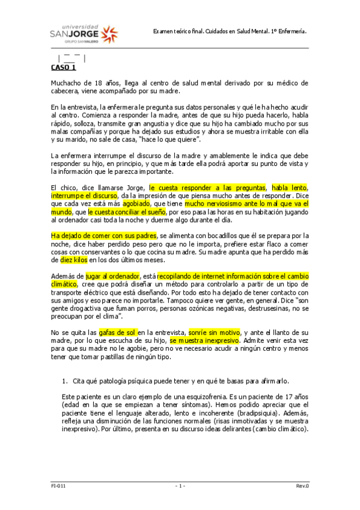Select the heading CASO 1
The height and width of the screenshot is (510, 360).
point(64,68)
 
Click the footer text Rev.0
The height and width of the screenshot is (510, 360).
point(302,485)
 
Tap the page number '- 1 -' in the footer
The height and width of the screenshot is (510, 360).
point(180,485)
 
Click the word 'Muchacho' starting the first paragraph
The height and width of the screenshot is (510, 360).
point(65,83)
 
